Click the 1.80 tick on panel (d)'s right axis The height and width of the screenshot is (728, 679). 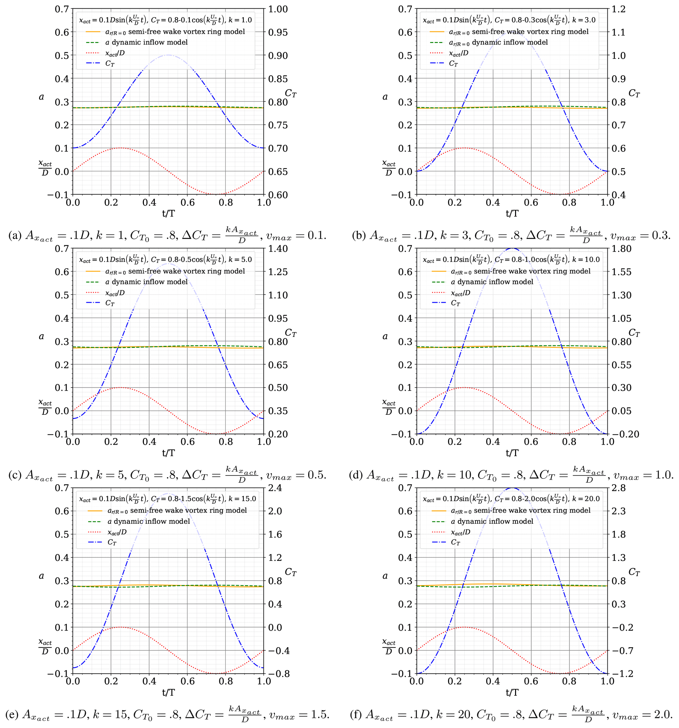(622, 249)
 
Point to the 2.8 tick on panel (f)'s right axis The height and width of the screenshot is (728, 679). (619, 488)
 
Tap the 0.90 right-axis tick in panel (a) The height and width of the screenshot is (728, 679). (278, 55)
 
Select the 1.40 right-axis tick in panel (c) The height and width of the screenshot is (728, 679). (278, 249)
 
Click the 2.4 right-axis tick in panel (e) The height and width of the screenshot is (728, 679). (275, 488)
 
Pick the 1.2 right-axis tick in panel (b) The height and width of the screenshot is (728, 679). (619, 9)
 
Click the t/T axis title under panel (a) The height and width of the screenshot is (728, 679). (168, 213)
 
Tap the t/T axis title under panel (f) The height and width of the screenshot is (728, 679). (512, 693)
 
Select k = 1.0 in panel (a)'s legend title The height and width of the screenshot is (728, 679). (240, 20)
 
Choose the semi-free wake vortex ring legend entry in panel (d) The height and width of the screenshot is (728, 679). (520, 271)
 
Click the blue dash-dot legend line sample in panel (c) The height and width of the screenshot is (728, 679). (93, 303)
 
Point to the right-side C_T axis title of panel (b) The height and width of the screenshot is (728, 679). (634, 93)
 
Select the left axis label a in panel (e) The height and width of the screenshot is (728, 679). (41, 576)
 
